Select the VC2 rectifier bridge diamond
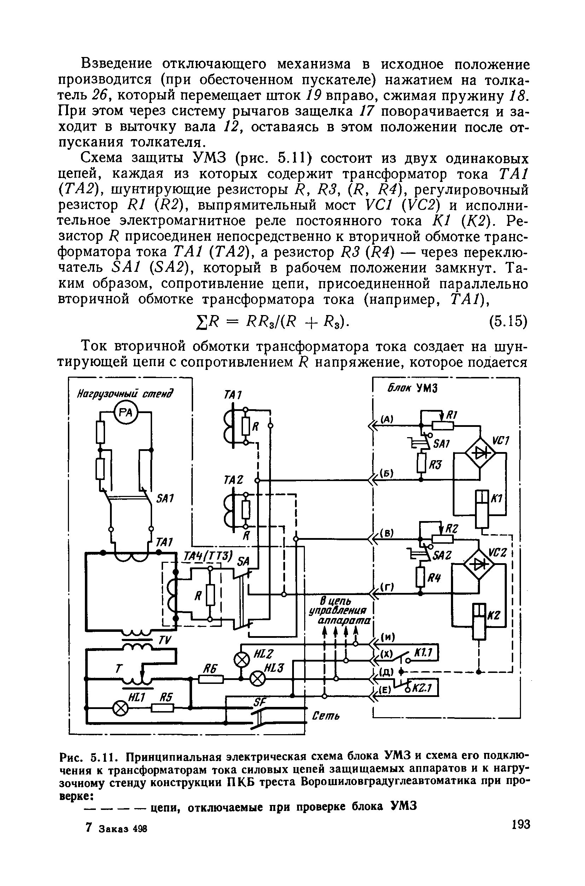coord(478,565)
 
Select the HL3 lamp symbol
coord(257,679)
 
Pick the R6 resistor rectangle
coord(211,679)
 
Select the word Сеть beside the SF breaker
coord(325,716)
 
